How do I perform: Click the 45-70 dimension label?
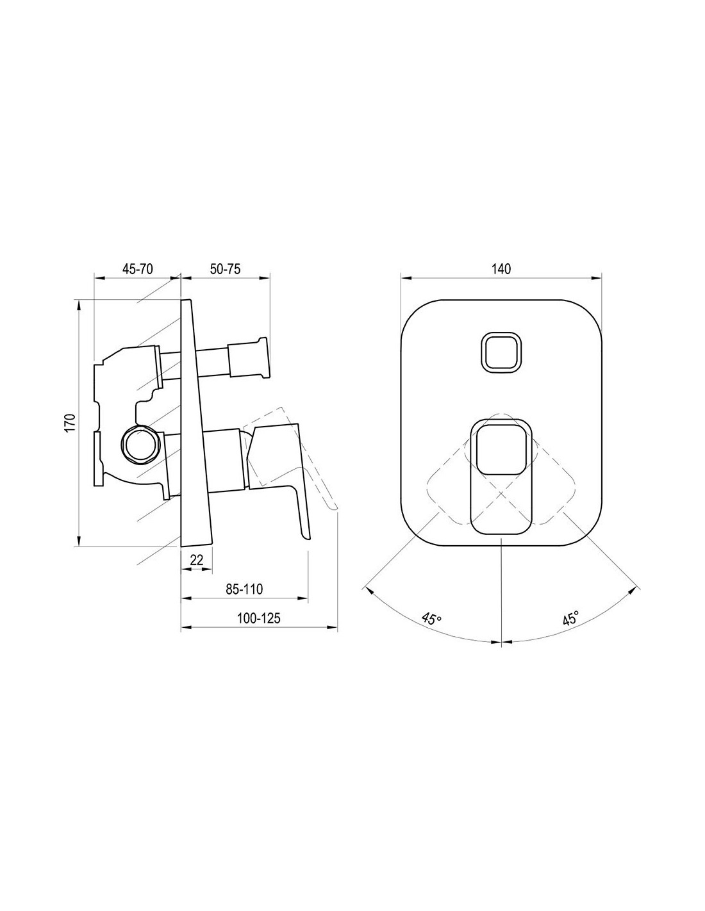[138, 268]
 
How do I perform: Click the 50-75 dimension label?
[225, 268]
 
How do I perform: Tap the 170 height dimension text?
[70, 422]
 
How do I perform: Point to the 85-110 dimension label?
[244, 589]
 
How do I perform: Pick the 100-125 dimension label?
[259, 618]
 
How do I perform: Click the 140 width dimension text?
[501, 268]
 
